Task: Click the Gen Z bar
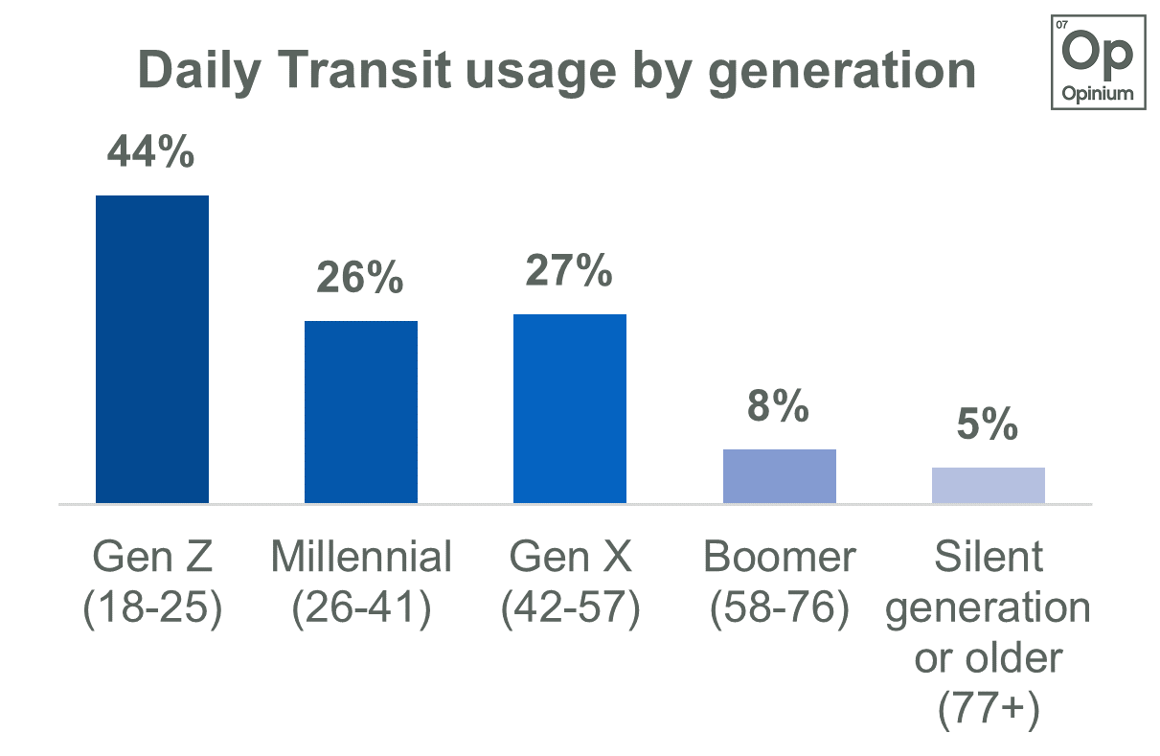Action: (152, 350)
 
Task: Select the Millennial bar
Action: (361, 412)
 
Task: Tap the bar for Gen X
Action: (570, 409)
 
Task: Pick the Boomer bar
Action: (779, 476)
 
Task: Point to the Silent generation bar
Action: (988, 486)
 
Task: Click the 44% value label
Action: (151, 152)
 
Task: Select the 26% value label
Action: (360, 278)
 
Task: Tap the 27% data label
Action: (569, 271)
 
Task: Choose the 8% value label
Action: (779, 406)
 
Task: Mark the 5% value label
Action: (988, 424)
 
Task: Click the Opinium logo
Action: (1098, 60)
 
